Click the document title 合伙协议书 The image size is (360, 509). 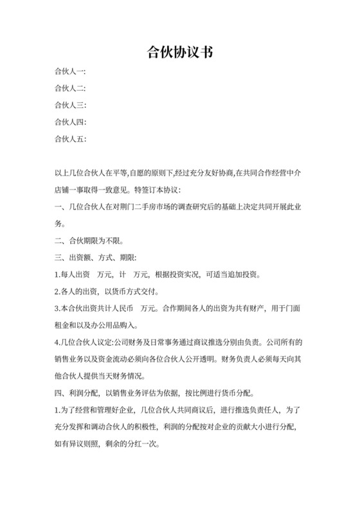[179, 53]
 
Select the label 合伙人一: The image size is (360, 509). [71, 71]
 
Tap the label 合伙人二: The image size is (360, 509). [71, 88]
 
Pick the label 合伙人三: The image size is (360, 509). [71, 105]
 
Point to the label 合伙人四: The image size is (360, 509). [71, 121]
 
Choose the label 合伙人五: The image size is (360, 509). [71, 138]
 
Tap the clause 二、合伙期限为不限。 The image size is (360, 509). [90, 241]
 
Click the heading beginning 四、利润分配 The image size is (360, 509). [154, 392]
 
